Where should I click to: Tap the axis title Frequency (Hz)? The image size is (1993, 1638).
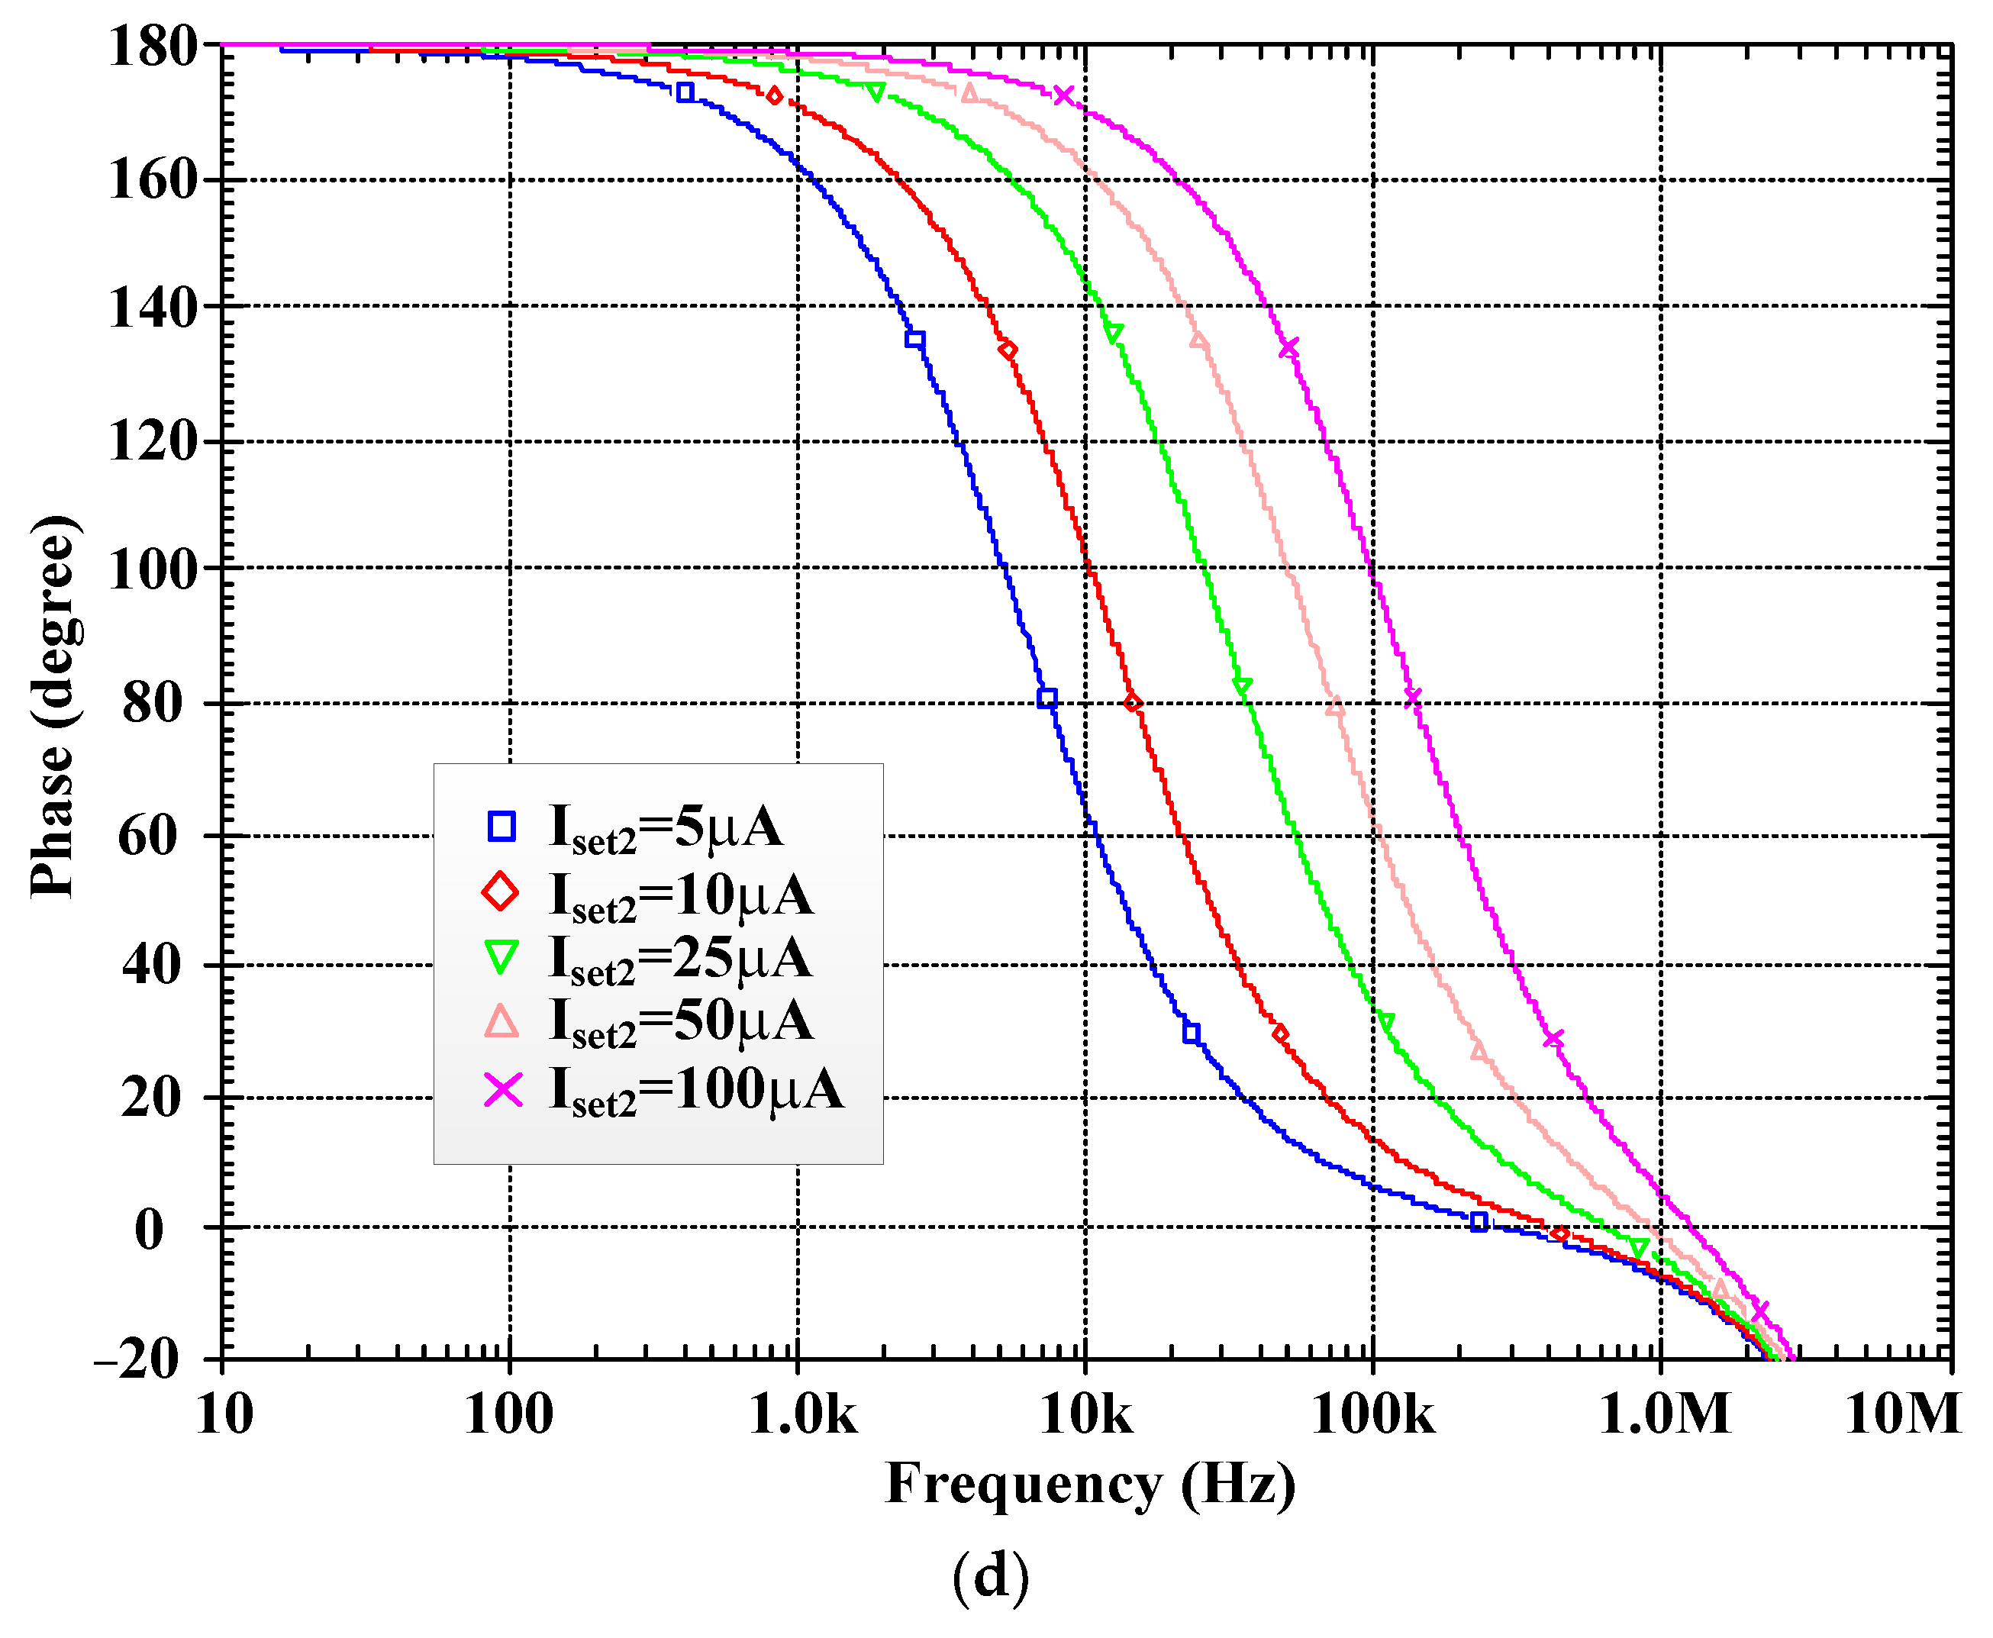point(1090,1485)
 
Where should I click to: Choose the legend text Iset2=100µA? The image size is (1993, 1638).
point(696,1091)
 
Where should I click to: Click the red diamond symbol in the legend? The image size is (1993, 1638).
point(500,892)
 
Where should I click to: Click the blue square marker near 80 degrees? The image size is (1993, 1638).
point(1046,698)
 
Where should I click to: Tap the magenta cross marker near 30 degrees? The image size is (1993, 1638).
point(1553,1039)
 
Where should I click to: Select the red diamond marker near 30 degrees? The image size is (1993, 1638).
point(1279,1033)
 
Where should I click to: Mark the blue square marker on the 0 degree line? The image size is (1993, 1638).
point(1479,1222)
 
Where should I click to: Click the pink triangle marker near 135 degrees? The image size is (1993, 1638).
point(1198,340)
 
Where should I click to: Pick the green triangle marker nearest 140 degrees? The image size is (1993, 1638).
point(1113,332)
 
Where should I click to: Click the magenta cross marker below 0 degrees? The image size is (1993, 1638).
point(1759,1311)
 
